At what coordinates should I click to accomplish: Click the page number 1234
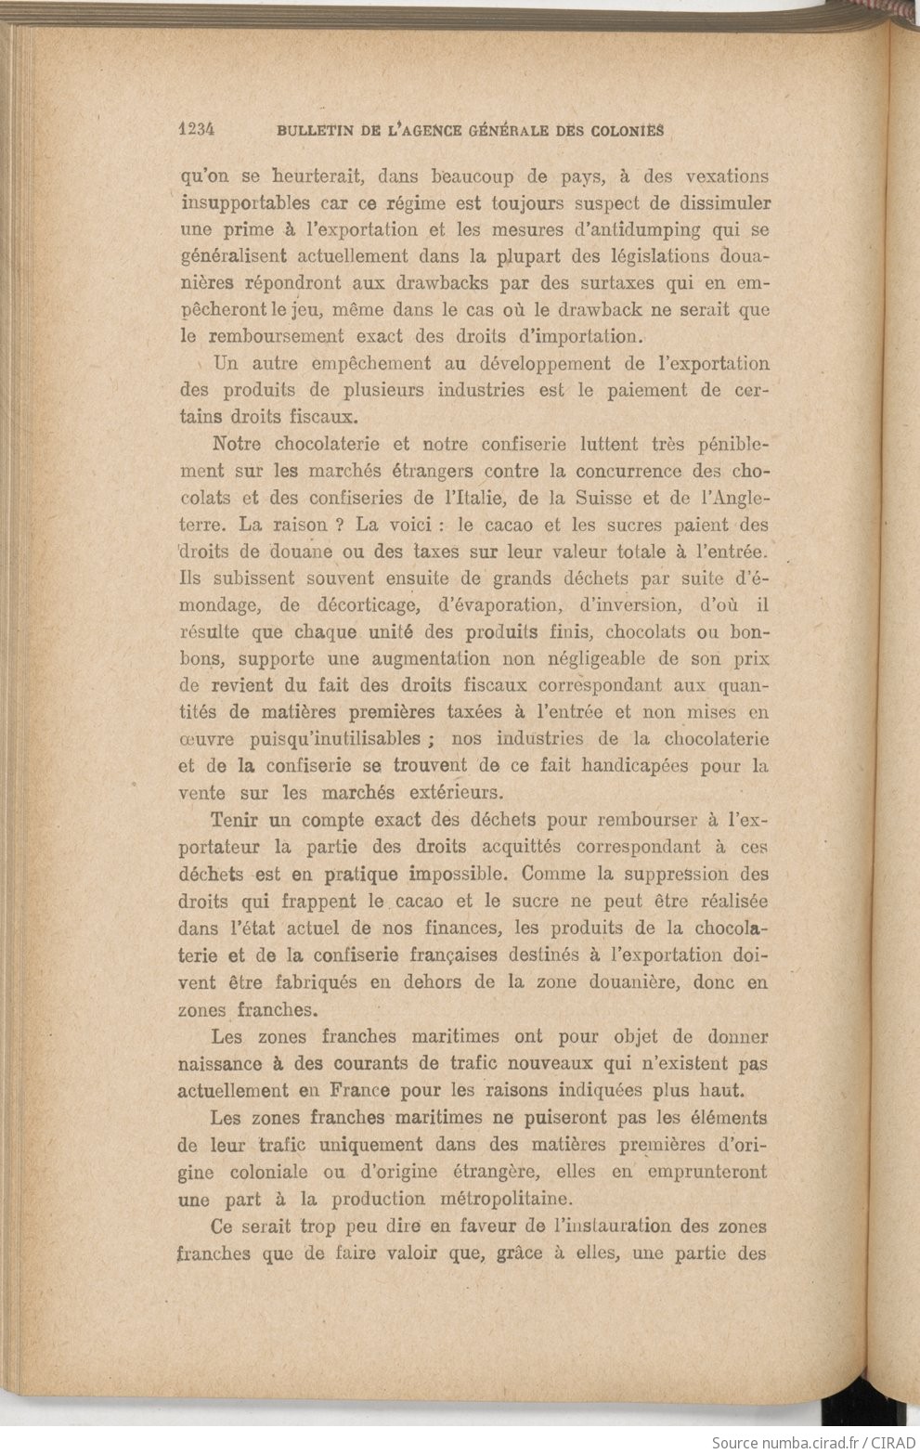coord(196,130)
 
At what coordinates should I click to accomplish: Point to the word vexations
coord(726,176)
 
